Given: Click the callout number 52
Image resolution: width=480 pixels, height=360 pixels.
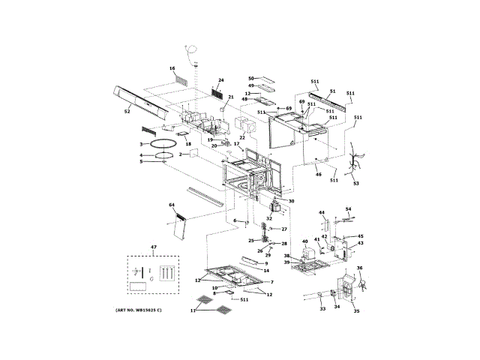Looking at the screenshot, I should (x=127, y=111).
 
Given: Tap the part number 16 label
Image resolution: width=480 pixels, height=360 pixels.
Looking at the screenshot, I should (x=172, y=67).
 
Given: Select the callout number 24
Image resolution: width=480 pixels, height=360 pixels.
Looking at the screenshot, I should (x=220, y=80).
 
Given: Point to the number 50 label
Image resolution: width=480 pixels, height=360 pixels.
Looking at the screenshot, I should (x=252, y=77).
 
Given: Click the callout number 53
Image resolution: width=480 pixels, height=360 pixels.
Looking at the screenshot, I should (x=356, y=183).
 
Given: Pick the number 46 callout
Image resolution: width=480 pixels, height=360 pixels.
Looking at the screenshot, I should (x=318, y=174).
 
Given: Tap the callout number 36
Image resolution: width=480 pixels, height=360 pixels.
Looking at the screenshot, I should (x=359, y=268).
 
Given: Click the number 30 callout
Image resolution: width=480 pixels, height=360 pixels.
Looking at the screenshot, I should (x=291, y=201).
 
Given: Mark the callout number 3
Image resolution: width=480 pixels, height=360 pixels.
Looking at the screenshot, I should (x=140, y=143).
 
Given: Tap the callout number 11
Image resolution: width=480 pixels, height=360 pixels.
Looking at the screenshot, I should (x=193, y=310).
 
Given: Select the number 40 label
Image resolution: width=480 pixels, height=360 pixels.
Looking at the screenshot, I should (x=304, y=241).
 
